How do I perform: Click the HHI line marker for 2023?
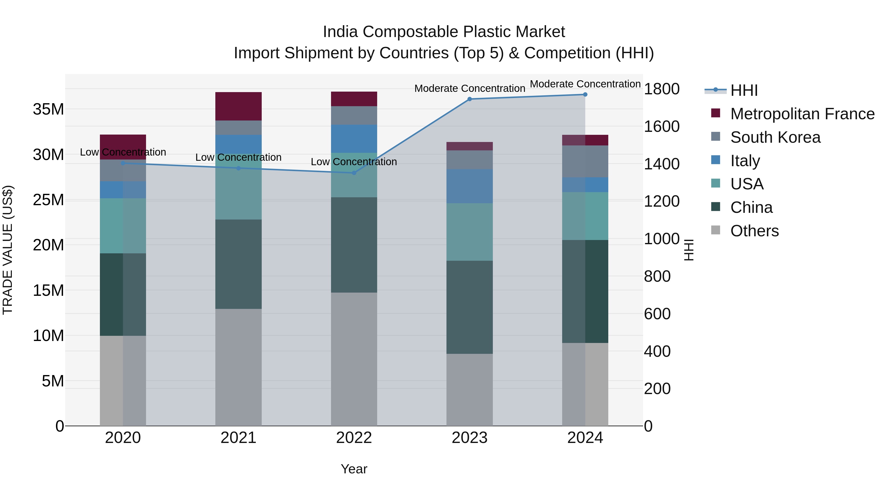click(x=469, y=99)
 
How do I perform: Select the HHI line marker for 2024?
click(x=585, y=95)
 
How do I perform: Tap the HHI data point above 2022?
click(x=354, y=173)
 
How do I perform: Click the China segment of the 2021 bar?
click(x=238, y=264)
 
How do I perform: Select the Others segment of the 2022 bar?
click(x=354, y=359)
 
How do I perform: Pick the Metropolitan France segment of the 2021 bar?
click(x=238, y=106)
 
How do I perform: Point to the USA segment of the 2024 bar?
click(x=585, y=216)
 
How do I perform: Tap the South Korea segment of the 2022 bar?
click(x=354, y=115)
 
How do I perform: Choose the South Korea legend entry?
click(x=775, y=137)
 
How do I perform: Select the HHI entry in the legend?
click(x=744, y=90)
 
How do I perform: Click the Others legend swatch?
click(x=716, y=230)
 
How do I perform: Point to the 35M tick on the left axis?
click(x=48, y=109)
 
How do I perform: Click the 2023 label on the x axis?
click(x=469, y=438)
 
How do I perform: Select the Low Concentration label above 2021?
click(x=238, y=157)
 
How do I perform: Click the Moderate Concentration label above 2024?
click(x=585, y=84)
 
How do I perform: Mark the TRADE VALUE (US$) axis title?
click(x=8, y=250)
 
